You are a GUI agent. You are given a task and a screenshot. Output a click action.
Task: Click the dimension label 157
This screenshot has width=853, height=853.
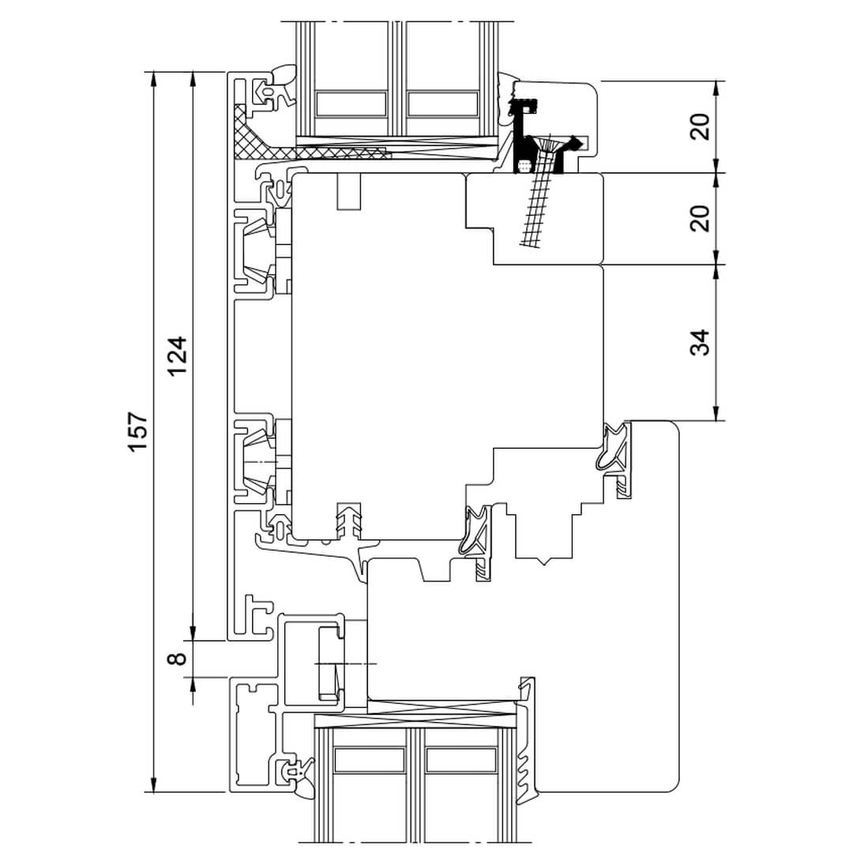[x=137, y=432]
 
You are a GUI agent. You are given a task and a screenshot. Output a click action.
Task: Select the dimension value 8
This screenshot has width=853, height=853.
[x=178, y=659]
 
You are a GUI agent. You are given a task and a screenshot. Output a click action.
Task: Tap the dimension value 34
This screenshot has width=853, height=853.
[x=700, y=343]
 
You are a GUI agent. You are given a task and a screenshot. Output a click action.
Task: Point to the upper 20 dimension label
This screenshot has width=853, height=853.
[x=700, y=126]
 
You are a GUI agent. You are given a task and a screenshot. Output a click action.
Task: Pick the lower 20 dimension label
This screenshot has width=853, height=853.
[x=700, y=218]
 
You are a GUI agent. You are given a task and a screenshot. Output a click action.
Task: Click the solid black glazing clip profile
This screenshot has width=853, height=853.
[x=522, y=136]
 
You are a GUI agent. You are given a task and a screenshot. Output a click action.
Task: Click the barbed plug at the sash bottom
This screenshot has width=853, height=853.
[x=349, y=521]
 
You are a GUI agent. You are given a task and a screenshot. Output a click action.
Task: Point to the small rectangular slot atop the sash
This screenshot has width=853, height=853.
[x=349, y=191]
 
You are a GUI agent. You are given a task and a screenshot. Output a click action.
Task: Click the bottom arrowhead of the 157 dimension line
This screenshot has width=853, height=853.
[x=154, y=785]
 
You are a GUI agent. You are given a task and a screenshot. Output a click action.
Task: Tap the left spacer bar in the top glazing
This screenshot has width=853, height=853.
[x=351, y=104]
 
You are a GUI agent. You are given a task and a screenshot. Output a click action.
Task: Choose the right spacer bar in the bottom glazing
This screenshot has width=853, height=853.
[x=460, y=760]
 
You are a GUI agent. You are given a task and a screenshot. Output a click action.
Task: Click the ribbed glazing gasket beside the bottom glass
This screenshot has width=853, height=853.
[x=526, y=740]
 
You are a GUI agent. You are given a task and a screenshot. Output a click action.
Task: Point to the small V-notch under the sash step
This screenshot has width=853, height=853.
[x=544, y=562]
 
